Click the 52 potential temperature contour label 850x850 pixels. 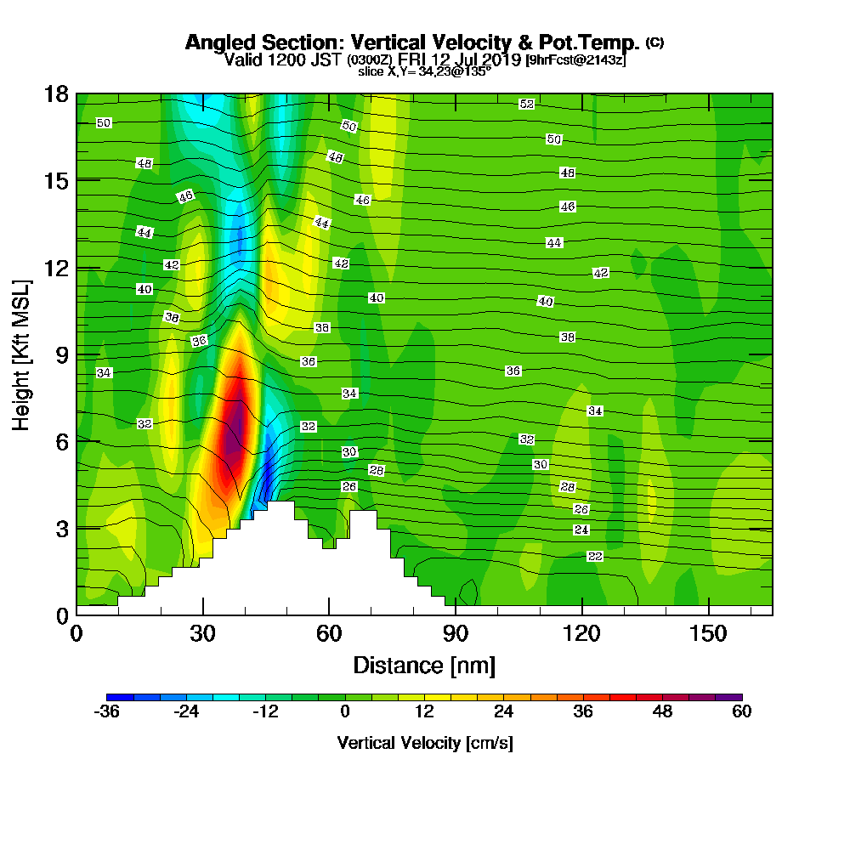[526, 104]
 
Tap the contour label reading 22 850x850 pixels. [595, 556]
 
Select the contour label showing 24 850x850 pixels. [581, 530]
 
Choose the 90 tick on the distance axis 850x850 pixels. [456, 634]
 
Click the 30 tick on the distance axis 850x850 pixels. [202, 634]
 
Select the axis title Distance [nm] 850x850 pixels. [424, 665]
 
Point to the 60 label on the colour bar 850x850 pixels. [742, 712]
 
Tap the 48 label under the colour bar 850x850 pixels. [662, 712]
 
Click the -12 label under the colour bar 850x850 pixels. [265, 712]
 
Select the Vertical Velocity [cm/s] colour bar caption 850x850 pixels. [424, 743]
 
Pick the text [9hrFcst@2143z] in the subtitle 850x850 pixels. [575, 59]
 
